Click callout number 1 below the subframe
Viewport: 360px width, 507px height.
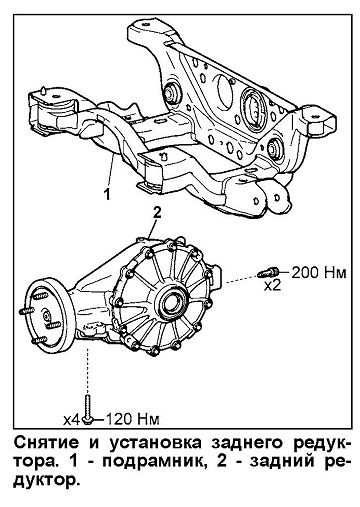pyautogui.click(x=107, y=194)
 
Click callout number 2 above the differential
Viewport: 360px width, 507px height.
pyautogui.click(x=157, y=212)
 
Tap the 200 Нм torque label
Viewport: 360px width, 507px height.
pyautogui.click(x=319, y=273)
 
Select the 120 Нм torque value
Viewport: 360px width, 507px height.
pyautogui.click(x=132, y=419)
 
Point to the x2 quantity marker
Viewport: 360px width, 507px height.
pyautogui.click(x=272, y=285)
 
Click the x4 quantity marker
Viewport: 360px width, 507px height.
pyautogui.click(x=72, y=420)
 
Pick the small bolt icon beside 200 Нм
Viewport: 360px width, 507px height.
pyautogui.click(x=268, y=272)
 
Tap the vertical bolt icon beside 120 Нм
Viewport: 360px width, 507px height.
pyautogui.click(x=88, y=409)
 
